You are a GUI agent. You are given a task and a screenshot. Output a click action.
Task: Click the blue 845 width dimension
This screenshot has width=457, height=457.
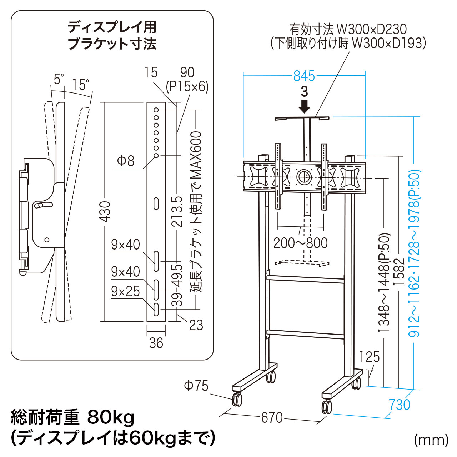(304, 76)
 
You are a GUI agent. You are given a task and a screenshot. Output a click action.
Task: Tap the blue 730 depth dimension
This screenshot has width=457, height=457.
(400, 405)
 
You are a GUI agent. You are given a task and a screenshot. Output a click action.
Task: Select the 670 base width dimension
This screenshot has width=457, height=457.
(272, 417)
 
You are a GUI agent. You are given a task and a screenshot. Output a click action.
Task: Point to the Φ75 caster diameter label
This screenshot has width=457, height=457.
(196, 386)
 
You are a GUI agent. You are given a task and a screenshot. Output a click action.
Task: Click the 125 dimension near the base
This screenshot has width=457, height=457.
(369, 357)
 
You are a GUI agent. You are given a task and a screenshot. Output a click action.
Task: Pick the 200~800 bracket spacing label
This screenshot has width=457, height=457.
(300, 243)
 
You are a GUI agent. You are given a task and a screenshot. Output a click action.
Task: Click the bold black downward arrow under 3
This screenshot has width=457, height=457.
(304, 106)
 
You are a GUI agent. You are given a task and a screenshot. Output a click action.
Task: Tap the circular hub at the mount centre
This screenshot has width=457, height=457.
(303, 176)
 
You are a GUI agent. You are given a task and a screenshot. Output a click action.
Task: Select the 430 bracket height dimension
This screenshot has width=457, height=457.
(105, 211)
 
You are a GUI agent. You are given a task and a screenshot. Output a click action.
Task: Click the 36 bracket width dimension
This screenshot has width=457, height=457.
(156, 343)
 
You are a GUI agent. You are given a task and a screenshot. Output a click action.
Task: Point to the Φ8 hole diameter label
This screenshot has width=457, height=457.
(126, 161)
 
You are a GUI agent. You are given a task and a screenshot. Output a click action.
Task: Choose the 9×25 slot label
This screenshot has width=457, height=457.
(125, 291)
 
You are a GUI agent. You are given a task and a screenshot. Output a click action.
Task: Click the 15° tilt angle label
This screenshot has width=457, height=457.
(81, 85)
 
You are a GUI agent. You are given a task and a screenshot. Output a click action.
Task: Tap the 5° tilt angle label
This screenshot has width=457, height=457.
(59, 79)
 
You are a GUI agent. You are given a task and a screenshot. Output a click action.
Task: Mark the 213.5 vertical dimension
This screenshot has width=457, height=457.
(177, 211)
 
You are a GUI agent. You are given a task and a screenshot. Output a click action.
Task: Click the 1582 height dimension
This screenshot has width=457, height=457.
(399, 271)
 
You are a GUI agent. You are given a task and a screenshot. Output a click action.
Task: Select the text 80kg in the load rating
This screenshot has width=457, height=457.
(111, 417)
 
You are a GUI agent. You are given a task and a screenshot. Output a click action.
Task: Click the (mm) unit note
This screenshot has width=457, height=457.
(431, 440)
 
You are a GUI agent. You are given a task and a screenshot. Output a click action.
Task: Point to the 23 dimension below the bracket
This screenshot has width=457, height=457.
(196, 325)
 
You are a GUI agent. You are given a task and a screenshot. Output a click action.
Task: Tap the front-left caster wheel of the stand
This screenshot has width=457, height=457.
(237, 399)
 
